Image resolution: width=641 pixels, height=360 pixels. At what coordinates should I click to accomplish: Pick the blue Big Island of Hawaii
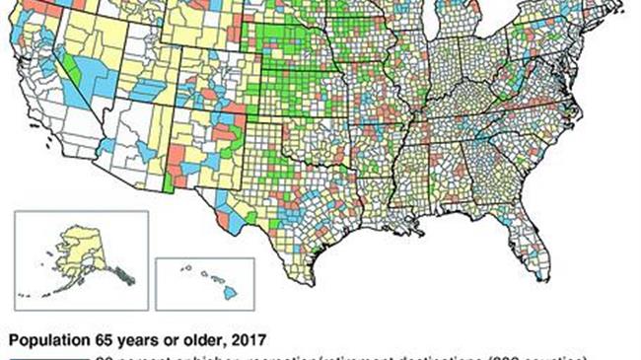point(228,293)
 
